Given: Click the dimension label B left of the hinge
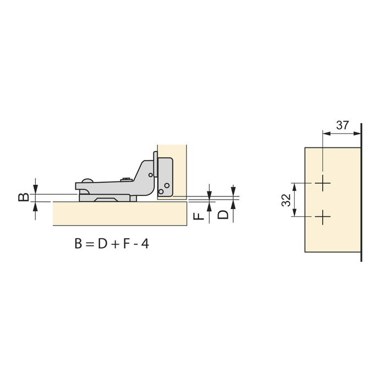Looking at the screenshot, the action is coord(24,197).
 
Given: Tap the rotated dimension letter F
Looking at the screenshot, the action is coord(199,216).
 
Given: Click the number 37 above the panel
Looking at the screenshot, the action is coord(342,125).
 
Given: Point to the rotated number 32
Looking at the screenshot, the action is coord(287,200).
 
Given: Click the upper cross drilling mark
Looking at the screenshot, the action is coord(323,183).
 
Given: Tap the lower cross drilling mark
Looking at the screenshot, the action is coord(323,217).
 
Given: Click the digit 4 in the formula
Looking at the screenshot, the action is coord(145,244).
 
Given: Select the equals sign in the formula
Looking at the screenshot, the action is coord(90,244).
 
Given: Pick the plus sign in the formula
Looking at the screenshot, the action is coord(115,245).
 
